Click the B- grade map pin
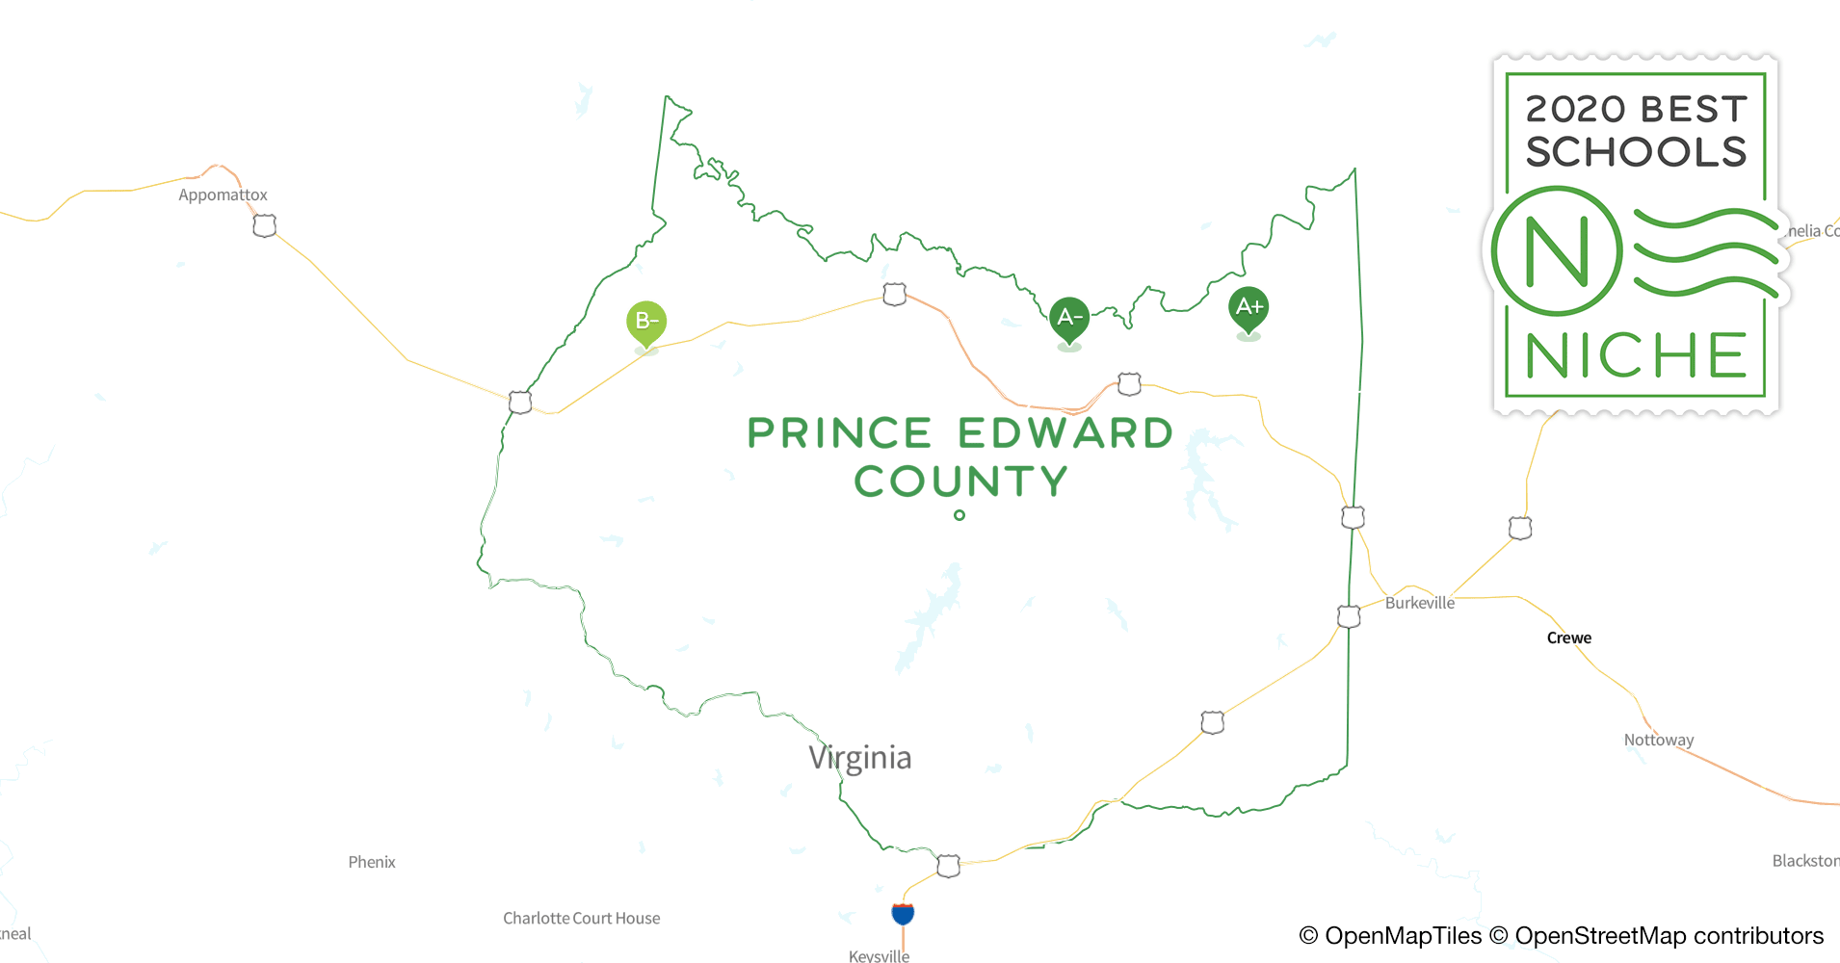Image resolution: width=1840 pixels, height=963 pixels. click(646, 321)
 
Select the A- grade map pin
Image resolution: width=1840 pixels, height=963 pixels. click(1069, 317)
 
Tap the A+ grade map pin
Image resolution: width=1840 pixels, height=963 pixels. click(1249, 307)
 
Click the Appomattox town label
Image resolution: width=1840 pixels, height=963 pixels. click(223, 195)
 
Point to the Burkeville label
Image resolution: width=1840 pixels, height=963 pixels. click(1419, 603)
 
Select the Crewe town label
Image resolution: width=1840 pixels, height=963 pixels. click(1568, 638)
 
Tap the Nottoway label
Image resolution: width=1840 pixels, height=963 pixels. click(1658, 740)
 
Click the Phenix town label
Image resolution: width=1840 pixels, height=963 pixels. click(372, 862)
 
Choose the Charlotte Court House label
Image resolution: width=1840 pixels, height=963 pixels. click(581, 918)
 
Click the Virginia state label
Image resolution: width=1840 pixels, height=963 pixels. click(859, 757)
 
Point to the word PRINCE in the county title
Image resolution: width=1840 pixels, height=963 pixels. click(839, 433)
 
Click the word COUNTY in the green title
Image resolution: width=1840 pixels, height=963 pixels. click(960, 481)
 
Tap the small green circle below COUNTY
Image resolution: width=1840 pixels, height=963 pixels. click(959, 515)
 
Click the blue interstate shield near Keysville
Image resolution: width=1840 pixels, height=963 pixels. click(903, 913)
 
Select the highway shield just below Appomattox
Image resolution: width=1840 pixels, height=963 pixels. click(264, 225)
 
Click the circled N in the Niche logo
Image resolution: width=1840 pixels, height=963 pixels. click(1557, 251)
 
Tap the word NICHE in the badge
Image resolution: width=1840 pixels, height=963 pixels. click(1636, 356)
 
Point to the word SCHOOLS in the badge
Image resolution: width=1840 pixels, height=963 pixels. click(1636, 152)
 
